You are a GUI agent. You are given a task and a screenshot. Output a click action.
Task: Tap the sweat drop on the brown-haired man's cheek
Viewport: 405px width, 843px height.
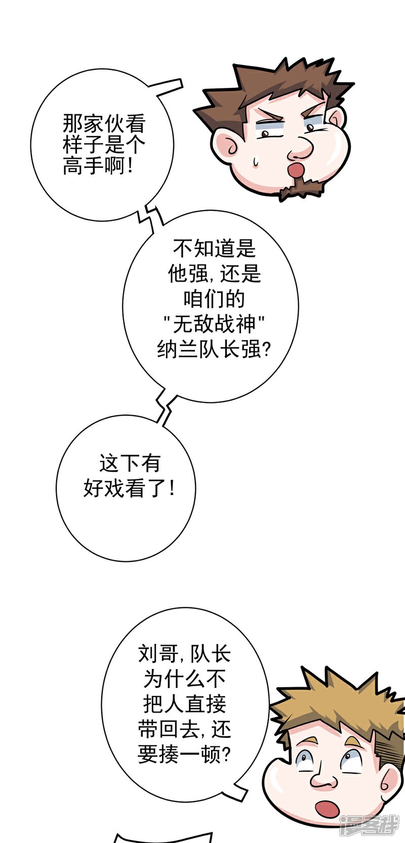256,161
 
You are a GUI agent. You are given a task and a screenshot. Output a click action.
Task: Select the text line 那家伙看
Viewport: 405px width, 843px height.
104,124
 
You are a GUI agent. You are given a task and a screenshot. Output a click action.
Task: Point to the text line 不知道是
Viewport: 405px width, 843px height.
215,248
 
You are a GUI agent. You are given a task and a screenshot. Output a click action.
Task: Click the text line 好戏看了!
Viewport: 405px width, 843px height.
129,489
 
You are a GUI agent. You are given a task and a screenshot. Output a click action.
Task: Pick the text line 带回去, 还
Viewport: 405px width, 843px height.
184,730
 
